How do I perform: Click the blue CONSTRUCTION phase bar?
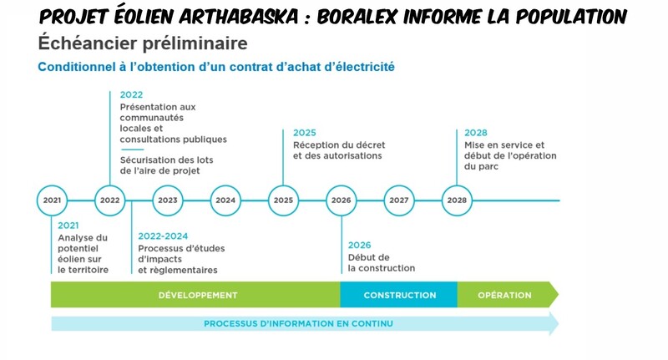coord(399,295)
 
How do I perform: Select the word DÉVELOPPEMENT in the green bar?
coord(198,295)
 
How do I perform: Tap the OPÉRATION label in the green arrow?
coord(504,295)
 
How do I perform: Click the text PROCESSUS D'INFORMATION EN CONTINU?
coord(298,324)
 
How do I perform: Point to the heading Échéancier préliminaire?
coord(143,43)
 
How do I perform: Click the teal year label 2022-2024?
coord(163,236)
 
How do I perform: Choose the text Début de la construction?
coord(382,263)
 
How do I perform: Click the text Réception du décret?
coord(339,145)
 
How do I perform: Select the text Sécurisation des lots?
coord(166,160)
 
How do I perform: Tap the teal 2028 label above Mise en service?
coord(475,133)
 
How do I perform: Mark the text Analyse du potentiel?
coord(83,243)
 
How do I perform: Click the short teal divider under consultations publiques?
coord(133,150)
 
